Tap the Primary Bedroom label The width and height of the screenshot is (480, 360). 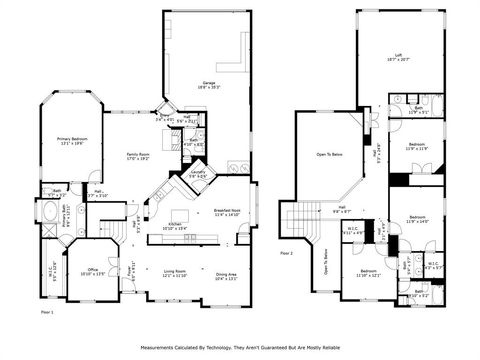(71, 142)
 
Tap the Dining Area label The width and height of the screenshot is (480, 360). (226, 276)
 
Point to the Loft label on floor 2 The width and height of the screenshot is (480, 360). (399, 60)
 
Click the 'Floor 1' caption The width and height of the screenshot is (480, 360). (46, 315)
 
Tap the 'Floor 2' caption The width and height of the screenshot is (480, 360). (287, 254)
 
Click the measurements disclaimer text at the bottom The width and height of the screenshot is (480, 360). (239, 348)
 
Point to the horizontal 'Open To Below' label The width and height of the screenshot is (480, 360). (330, 156)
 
